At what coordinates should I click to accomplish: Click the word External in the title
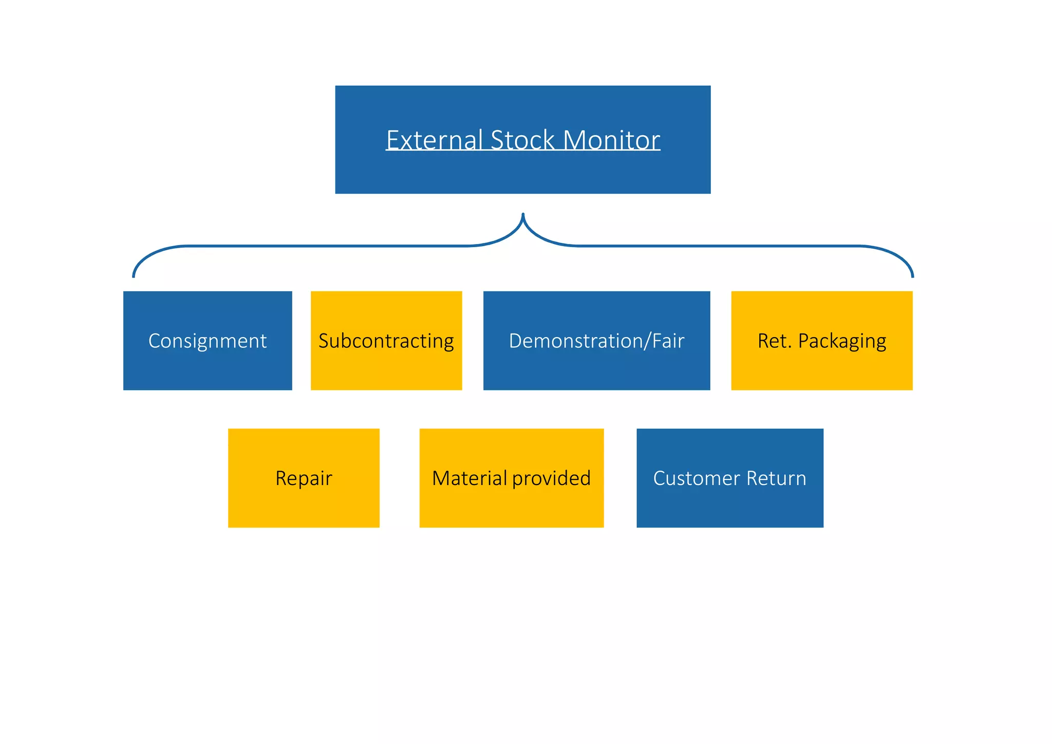[x=434, y=140]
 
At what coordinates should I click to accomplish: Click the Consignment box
[x=208, y=341]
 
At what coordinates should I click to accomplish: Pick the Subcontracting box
[x=386, y=341]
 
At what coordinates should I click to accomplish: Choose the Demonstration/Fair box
[x=596, y=341]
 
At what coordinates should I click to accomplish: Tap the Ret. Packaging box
[x=821, y=341]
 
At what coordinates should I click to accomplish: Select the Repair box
[x=304, y=478]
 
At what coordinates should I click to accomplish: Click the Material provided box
[x=511, y=478]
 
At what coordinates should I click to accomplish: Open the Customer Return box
[x=729, y=478]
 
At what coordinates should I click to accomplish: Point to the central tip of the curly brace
[x=523, y=215]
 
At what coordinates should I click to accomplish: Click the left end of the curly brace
[x=134, y=276]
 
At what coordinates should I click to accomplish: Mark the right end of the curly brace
[x=912, y=276]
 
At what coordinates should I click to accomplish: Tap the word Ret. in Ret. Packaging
[x=774, y=341]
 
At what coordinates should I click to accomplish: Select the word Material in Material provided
[x=469, y=478]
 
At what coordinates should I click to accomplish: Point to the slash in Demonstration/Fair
[x=648, y=341]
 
